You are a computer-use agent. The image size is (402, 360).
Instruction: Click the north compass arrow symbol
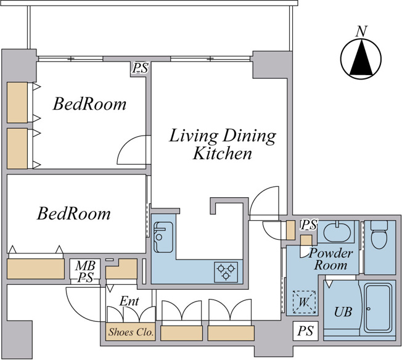click(x=361, y=59)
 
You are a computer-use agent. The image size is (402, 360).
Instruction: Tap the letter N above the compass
click(x=362, y=31)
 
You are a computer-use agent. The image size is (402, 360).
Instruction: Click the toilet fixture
click(x=379, y=235)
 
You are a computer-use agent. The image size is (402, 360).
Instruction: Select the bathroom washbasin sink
click(x=337, y=231)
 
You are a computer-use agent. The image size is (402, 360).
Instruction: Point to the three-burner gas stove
click(x=226, y=272)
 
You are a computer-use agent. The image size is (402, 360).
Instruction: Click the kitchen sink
click(x=163, y=237)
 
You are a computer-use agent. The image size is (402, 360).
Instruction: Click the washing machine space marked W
click(x=304, y=302)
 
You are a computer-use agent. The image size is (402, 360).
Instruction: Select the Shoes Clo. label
click(x=131, y=332)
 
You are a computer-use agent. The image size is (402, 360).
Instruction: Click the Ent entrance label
click(x=129, y=301)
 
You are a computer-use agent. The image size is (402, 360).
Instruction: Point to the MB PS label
click(x=85, y=271)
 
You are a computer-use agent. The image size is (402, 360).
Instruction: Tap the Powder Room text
click(x=330, y=259)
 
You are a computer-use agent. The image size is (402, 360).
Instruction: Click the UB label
click(x=343, y=312)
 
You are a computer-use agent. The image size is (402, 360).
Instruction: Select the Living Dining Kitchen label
click(x=223, y=144)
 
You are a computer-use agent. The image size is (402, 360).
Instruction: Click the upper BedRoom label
click(x=89, y=104)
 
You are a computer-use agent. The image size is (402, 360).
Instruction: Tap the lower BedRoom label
click(x=74, y=213)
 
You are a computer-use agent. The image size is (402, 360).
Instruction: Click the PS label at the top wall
click(x=140, y=68)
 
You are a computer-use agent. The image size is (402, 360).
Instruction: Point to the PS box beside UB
click(x=306, y=331)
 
